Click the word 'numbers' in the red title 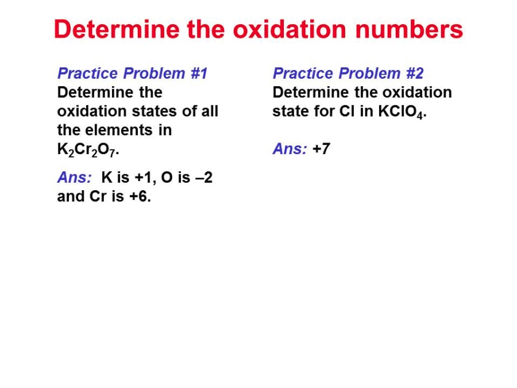409,29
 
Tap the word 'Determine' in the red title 117,29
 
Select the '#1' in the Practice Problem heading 199,73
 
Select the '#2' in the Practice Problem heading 415,73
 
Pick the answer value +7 321,149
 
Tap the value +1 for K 143,178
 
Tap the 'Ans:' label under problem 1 75,178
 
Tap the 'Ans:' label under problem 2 290,149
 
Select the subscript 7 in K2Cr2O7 112,153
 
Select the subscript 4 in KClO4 419,115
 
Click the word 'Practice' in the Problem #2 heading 303,73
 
